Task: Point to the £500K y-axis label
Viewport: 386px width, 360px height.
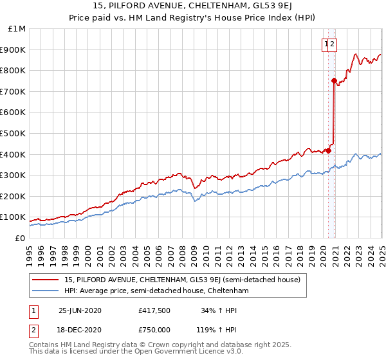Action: [x=14, y=134]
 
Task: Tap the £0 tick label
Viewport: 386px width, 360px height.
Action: [x=20, y=239]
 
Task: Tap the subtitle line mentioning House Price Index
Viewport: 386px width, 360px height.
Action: [x=192, y=19]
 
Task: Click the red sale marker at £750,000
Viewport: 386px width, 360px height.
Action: [x=334, y=80]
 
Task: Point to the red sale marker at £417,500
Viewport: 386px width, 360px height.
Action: [x=328, y=150]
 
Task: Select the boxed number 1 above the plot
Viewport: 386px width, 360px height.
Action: [x=327, y=44]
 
